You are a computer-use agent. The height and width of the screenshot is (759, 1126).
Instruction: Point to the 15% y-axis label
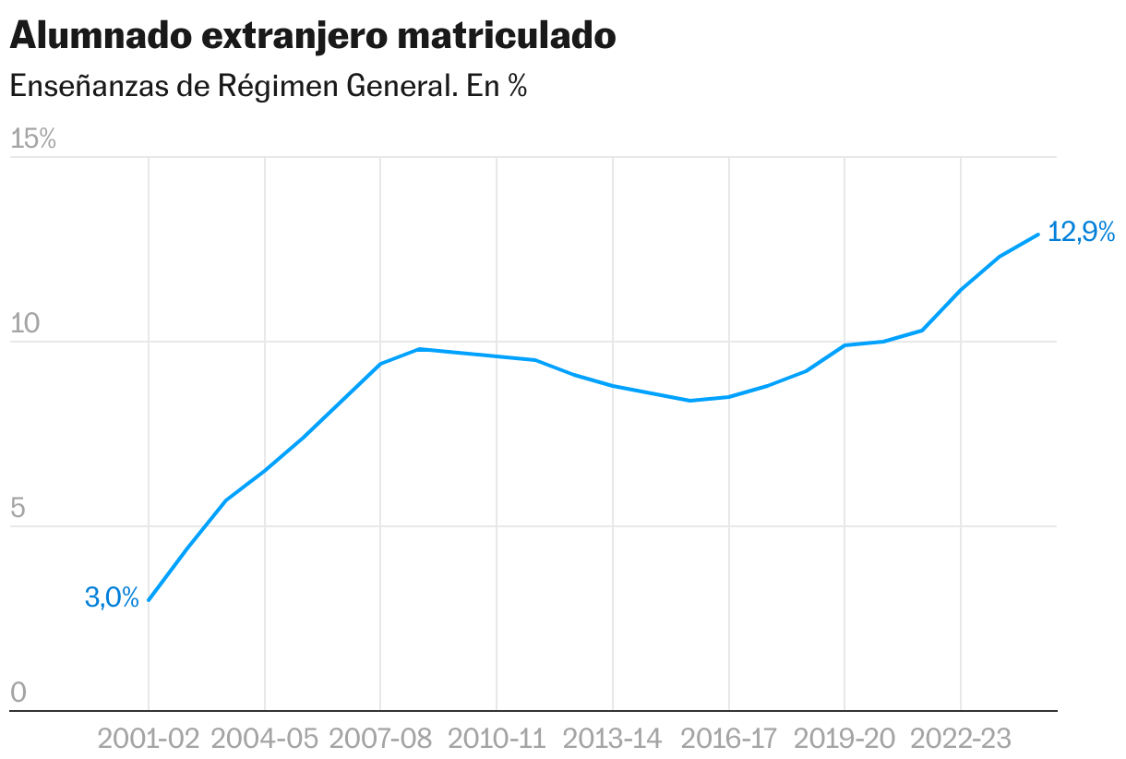pos(33,139)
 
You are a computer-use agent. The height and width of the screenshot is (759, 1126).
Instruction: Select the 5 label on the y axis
pos(18,509)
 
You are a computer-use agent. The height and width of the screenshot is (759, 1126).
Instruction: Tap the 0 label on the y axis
pos(18,693)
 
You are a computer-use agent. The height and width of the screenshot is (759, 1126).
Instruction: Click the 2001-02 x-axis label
pos(149,739)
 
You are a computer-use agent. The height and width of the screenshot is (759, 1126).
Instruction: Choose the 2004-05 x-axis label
pos(265,739)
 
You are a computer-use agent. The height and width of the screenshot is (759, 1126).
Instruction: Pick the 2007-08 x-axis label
pos(380,739)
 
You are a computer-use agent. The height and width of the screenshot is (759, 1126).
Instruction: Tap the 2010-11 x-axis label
pos(497,739)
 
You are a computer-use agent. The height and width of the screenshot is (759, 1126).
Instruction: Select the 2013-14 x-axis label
pos(613,739)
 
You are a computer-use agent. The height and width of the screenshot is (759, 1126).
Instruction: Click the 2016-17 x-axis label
pos(729,739)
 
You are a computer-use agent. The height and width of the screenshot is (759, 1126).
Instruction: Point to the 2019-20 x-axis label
pos(844,739)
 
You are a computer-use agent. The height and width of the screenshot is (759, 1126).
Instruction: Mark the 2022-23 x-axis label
pos(961,739)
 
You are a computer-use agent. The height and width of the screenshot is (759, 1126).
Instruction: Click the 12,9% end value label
pos(1082,233)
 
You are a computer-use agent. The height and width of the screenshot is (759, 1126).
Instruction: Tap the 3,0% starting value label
pos(112,598)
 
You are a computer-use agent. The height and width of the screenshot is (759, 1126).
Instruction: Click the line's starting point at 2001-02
pos(149,600)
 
